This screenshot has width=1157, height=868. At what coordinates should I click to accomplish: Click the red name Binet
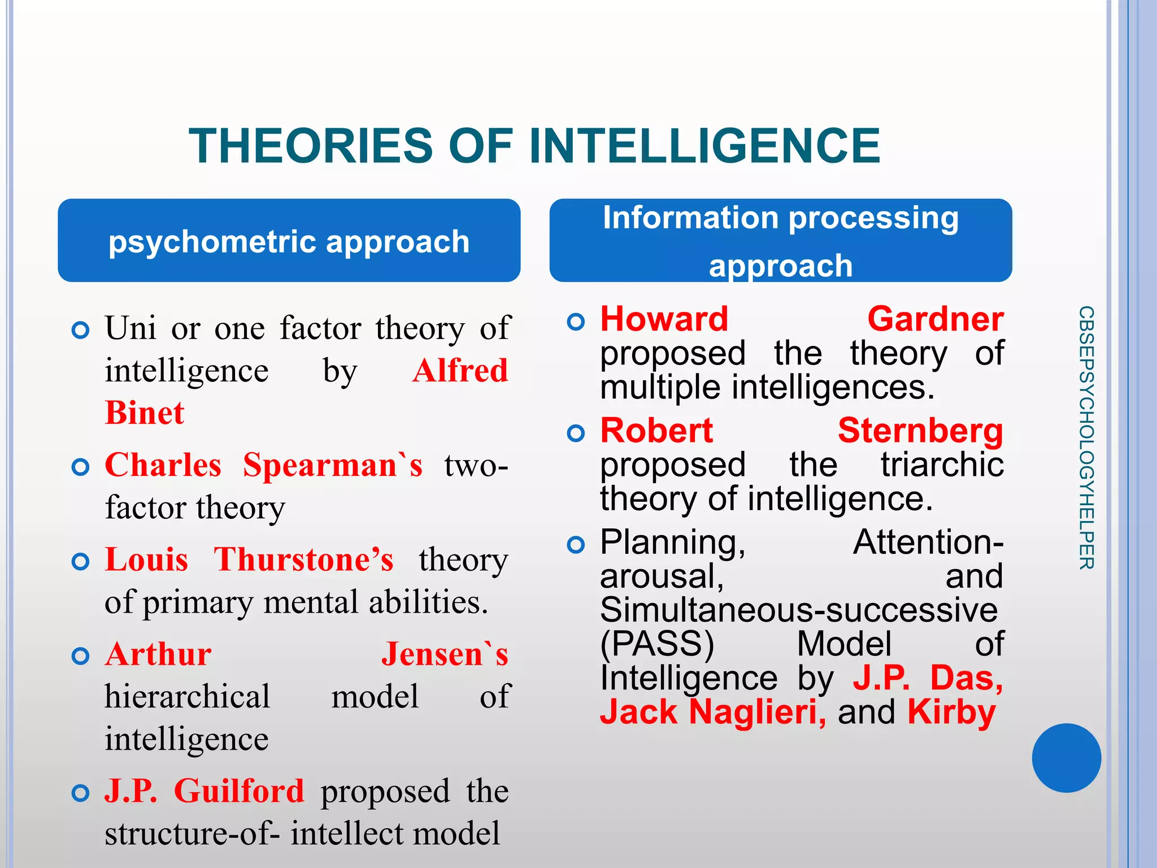point(145,413)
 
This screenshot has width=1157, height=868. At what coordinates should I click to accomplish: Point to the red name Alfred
point(460,371)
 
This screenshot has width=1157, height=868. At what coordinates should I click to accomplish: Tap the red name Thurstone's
point(303,559)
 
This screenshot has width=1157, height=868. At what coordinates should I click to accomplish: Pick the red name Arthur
point(158,654)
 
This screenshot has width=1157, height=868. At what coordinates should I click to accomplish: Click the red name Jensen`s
point(445,654)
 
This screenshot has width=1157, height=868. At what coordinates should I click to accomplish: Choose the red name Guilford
point(239,791)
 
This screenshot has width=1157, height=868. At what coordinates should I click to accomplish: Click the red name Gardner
point(936,319)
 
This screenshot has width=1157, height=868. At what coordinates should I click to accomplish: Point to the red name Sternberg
point(920,431)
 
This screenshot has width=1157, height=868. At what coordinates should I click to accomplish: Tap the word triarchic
point(942,465)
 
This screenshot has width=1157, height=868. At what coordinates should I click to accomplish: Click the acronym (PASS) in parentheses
point(657,644)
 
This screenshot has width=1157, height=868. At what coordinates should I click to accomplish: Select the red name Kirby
point(951,712)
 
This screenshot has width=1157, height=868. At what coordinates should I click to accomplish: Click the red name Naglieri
point(757,712)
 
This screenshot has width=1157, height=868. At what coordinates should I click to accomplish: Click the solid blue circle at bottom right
point(1066,758)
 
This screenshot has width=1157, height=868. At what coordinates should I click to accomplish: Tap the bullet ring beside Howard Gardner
point(576,322)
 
